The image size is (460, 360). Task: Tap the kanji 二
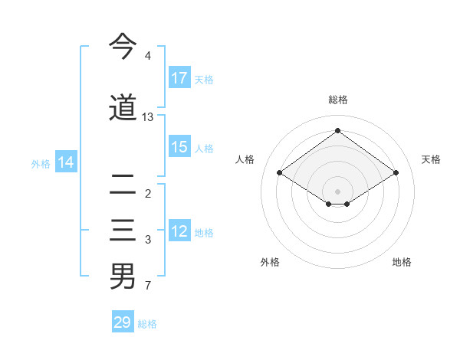tap(123, 185)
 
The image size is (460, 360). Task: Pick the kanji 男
tap(123, 277)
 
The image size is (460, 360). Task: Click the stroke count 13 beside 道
tap(148, 117)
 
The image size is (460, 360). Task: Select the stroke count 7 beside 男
tap(148, 286)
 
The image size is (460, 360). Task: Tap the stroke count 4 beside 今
tap(148, 56)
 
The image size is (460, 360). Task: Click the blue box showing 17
tap(179, 78)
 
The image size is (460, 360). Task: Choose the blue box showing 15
tap(179, 147)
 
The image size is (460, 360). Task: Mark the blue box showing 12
tap(179, 232)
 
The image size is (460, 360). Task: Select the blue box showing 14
tap(66, 162)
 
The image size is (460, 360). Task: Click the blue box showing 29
tap(123, 322)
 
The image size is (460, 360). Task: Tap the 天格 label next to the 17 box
tap(204, 79)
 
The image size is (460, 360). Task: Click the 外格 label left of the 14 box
tap(41, 163)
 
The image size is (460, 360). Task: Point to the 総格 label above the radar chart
tap(337, 100)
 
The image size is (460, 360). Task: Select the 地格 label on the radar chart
tap(402, 262)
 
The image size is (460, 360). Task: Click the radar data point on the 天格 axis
tap(396, 173)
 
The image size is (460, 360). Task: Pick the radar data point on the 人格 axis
tap(280, 173)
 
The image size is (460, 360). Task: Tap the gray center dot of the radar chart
tap(337, 190)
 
